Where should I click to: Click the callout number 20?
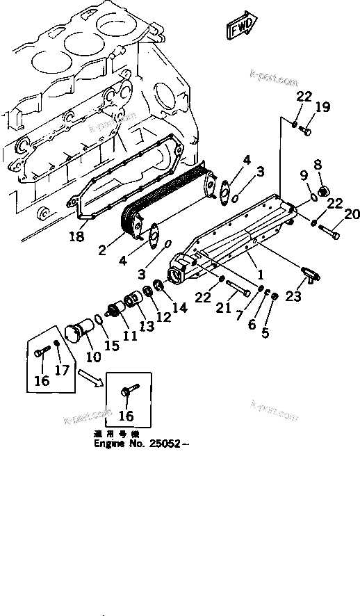351,214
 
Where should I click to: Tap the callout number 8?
318,165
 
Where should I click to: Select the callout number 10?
92,357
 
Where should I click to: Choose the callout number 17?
62,371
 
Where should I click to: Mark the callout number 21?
222,306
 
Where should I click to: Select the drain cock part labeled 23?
310,275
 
